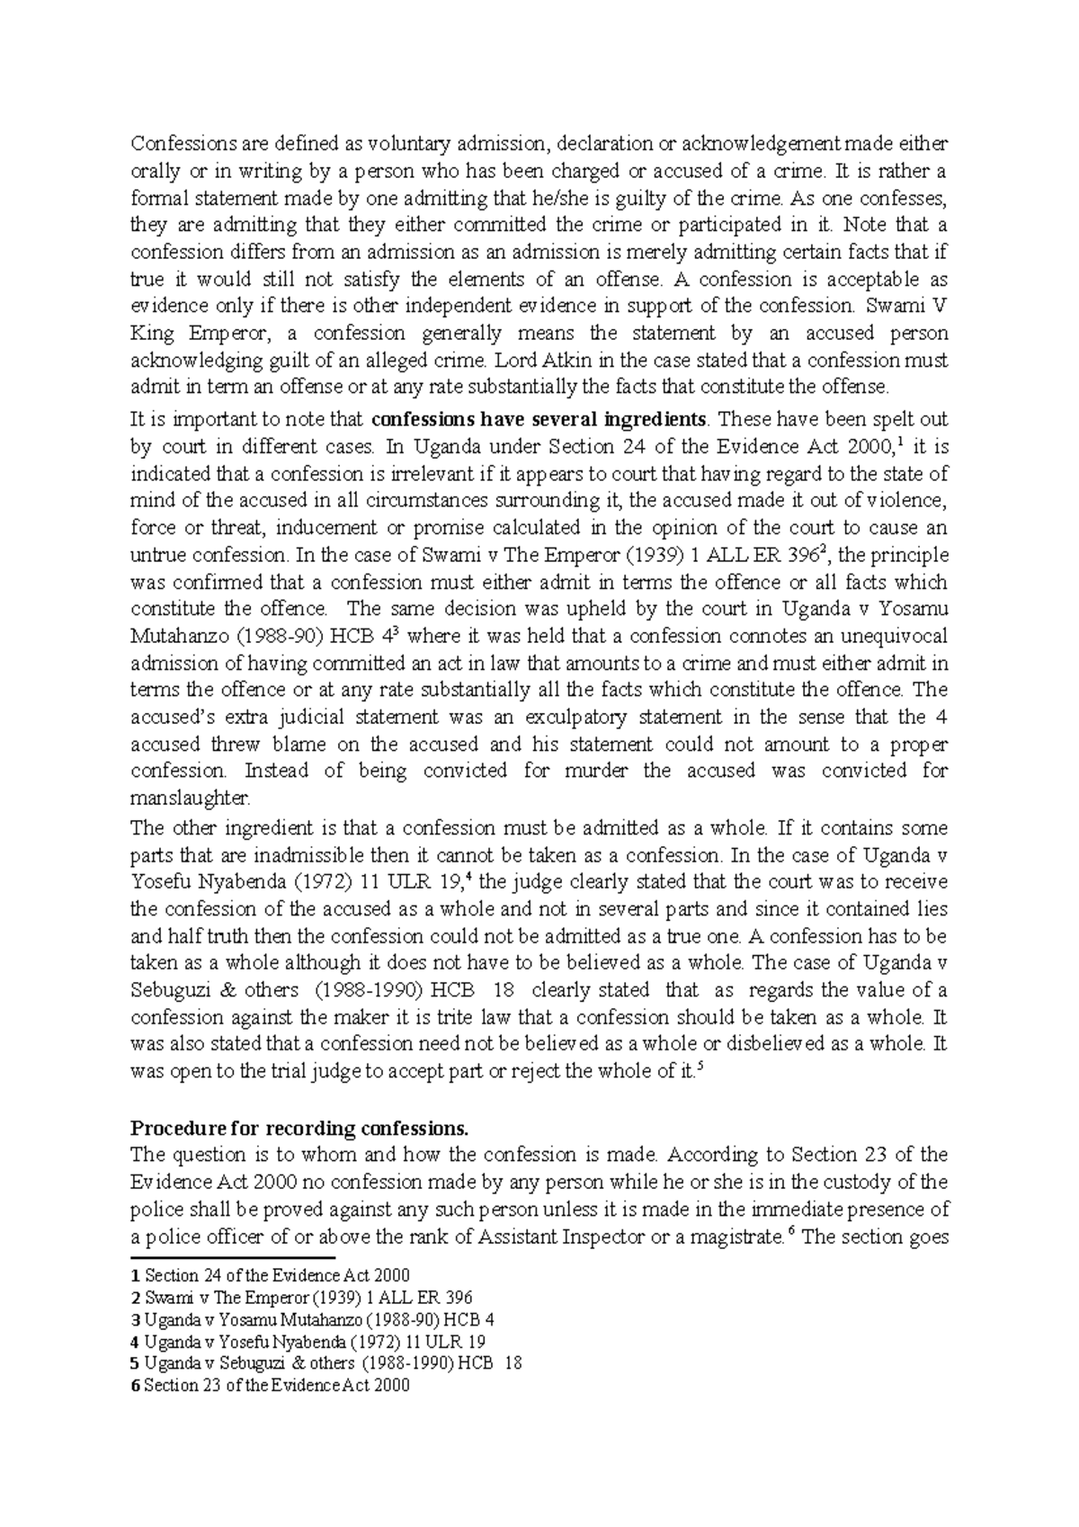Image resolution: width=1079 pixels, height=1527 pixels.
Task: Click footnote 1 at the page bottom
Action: tap(270, 1275)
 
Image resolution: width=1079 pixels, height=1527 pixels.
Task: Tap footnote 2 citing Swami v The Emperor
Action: tap(301, 1298)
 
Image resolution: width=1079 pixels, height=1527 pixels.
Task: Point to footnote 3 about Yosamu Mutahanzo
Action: tap(313, 1320)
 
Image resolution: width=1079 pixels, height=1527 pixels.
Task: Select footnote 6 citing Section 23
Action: tap(270, 1386)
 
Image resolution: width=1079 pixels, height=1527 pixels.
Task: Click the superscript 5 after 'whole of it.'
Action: tap(700, 1067)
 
